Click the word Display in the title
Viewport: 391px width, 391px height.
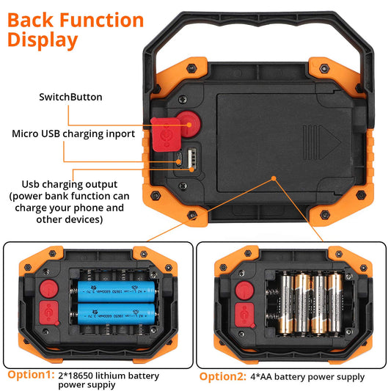coord(43,40)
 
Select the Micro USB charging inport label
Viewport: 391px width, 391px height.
coord(73,134)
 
